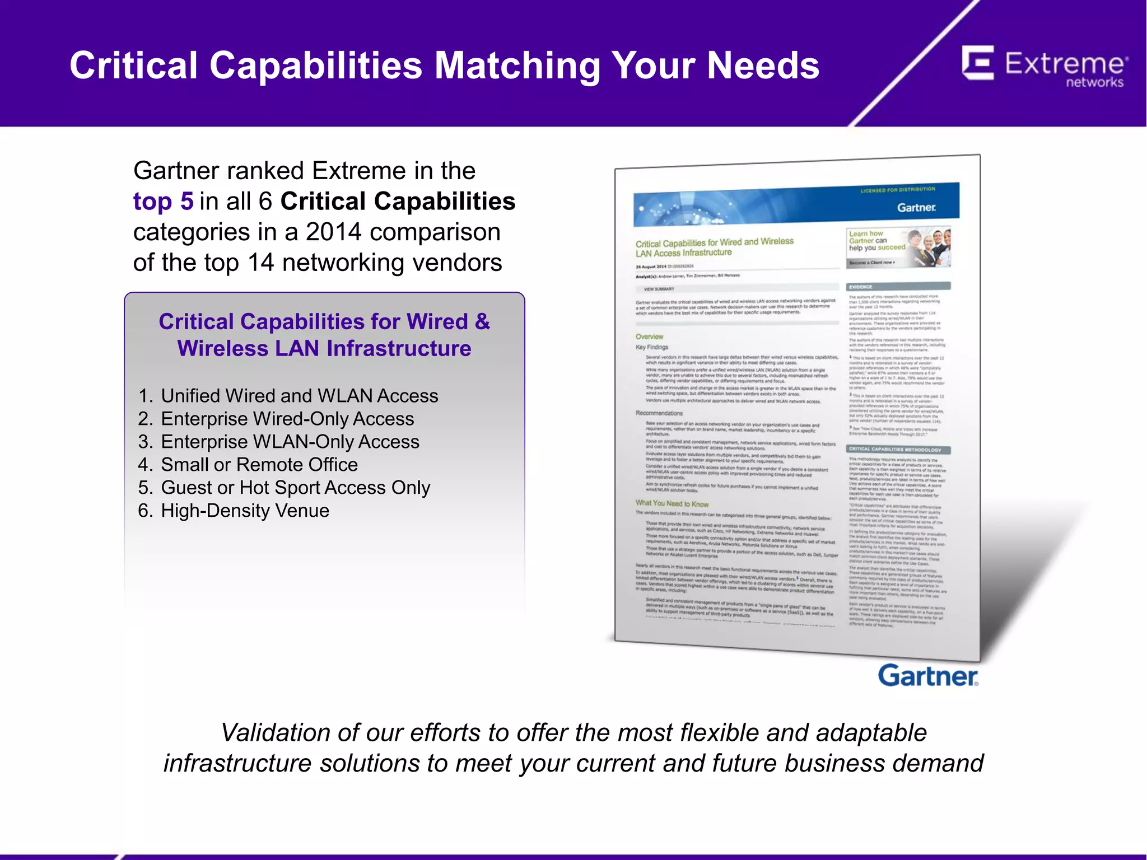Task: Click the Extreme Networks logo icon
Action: [x=978, y=63]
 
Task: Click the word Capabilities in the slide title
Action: [x=316, y=66]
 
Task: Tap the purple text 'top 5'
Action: [x=163, y=202]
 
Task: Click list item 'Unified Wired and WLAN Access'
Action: [x=299, y=396]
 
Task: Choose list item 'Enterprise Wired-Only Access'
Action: [x=287, y=419]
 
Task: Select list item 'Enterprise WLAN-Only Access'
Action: [x=290, y=442]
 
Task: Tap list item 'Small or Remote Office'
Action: [x=259, y=465]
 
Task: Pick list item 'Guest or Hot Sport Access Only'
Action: [x=296, y=488]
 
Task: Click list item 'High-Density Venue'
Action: [x=245, y=511]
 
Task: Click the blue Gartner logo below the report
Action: [x=928, y=676]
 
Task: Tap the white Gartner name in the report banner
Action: [x=916, y=208]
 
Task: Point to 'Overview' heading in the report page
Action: [x=649, y=336]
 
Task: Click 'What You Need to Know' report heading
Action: [x=672, y=503]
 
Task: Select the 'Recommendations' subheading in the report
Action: [x=659, y=413]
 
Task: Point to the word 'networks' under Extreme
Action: [x=1094, y=83]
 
